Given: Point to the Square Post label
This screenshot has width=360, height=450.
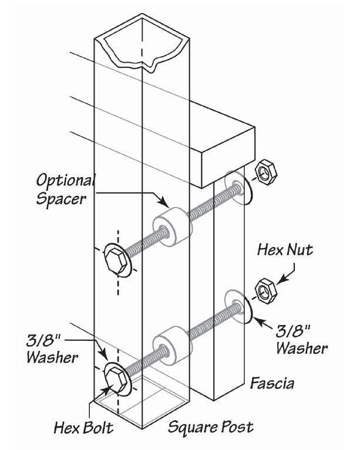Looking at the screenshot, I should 211,427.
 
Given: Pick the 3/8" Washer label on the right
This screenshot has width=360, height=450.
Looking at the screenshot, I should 301,339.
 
